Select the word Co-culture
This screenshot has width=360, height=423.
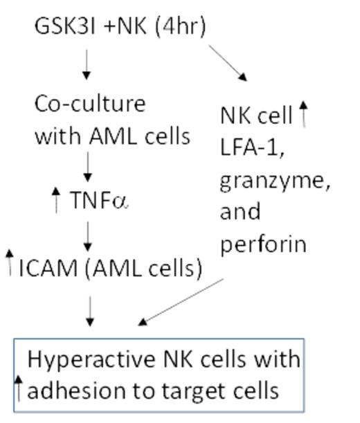click(x=90, y=104)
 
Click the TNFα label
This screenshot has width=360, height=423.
click(x=100, y=201)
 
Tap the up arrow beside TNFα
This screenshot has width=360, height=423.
click(x=57, y=200)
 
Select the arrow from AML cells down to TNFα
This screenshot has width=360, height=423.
click(x=88, y=165)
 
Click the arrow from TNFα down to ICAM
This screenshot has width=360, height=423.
click(x=88, y=237)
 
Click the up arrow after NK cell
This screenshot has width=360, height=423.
click(x=302, y=114)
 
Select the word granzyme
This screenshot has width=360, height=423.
click(x=274, y=180)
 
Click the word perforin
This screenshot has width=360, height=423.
click(x=263, y=244)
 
